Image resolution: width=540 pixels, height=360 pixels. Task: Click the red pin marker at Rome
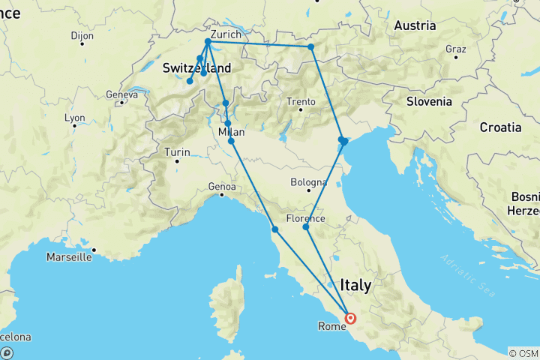(350, 319)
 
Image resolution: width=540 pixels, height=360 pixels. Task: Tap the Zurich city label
(226, 34)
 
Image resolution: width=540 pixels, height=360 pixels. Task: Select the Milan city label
(230, 133)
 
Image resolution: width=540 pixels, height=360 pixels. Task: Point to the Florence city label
(305, 219)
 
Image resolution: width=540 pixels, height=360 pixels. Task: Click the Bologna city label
(309, 182)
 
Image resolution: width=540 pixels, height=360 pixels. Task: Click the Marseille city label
(68, 257)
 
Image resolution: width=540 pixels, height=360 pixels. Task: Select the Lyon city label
(74, 118)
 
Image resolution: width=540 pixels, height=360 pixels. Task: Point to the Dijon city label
(82, 35)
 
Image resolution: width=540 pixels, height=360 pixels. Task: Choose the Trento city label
(301, 102)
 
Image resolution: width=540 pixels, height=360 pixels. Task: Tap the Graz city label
(455, 49)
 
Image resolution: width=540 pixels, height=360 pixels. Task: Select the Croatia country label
(500, 127)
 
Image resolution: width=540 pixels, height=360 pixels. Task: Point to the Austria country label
(415, 25)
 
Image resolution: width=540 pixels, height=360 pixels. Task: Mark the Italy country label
(355, 285)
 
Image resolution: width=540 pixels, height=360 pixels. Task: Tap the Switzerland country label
(196, 68)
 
